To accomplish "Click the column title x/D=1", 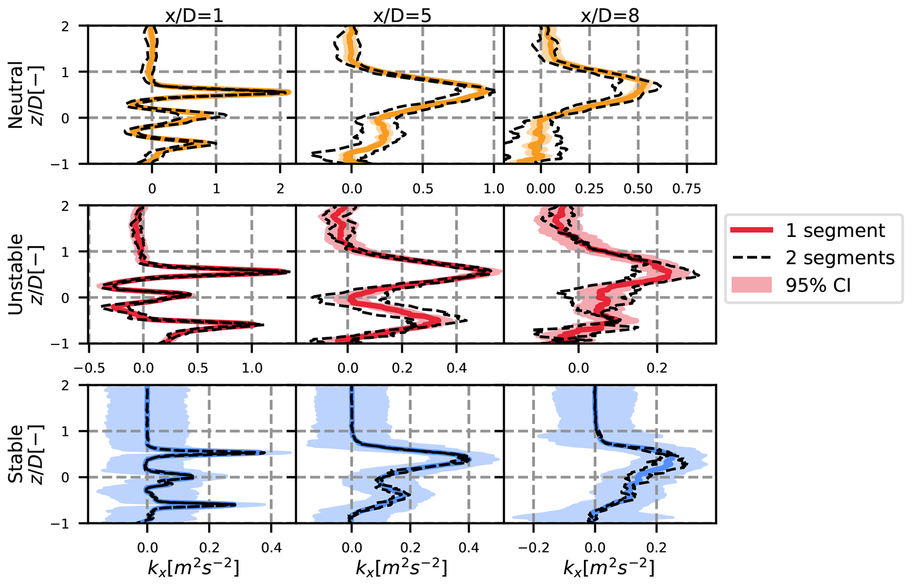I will pos(194,16).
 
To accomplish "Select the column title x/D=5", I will pos(402,16).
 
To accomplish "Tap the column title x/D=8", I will pos(610,16).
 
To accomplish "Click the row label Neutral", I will pos(16,94).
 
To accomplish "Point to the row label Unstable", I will pos(16,274).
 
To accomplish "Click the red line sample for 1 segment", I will pos(751,230).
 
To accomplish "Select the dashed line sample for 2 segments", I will pos(751,257).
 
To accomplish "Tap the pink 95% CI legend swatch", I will pos(751,285).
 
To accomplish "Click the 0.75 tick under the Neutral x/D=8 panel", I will pos(687,189).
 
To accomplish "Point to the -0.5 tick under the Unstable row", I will pos(89,368).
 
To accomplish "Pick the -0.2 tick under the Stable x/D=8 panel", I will pos(534,548).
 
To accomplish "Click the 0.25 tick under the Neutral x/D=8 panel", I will pos(589,189).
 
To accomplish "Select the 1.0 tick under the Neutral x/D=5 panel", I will pos(494,189).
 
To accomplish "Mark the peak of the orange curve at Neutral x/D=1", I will pos(288,92).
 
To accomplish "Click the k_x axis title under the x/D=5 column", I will pos(402,568).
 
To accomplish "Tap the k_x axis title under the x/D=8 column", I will pos(609,568).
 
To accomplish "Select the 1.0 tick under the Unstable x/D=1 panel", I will pos(252,368).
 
